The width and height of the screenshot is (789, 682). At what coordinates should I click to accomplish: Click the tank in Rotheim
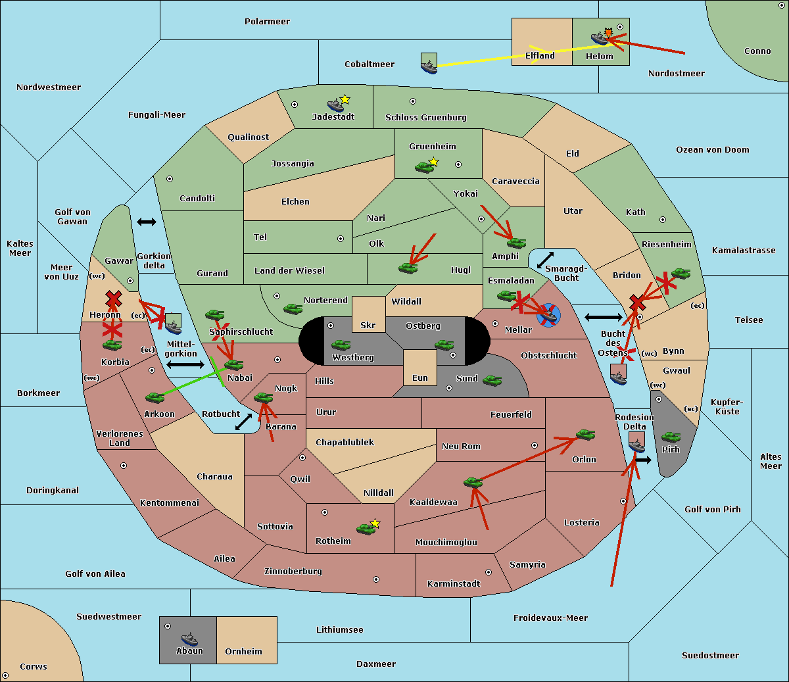coord(366,529)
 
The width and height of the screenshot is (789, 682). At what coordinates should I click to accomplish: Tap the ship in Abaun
coord(190,639)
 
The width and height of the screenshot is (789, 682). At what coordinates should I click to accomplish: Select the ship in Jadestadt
coord(335,105)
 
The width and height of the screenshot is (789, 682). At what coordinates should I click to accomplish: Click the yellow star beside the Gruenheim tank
coord(433,162)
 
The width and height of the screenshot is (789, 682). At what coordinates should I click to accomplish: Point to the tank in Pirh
coord(671,437)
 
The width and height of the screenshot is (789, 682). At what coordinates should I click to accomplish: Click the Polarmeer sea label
coord(267,22)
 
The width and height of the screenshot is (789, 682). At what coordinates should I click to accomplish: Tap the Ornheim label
coord(243,651)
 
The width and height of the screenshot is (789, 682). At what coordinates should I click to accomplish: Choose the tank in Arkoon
coord(155,397)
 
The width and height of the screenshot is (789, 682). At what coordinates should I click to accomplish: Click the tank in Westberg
coord(341,345)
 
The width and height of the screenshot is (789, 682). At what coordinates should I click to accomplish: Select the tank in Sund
coord(492,380)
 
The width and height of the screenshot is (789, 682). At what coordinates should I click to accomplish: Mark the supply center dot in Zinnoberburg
coord(376,579)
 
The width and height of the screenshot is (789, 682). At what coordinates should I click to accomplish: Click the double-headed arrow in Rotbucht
coord(243,422)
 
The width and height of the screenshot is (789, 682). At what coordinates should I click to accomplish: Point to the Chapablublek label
coord(345,442)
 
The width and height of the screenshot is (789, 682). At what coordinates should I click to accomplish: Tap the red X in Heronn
coord(113,299)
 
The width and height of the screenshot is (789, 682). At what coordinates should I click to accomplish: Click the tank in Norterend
coord(293,308)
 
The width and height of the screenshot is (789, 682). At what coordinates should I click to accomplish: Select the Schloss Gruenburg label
coord(426,117)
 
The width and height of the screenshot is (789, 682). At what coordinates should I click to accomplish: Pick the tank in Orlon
coord(586,435)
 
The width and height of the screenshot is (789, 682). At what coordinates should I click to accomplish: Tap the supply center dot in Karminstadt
coord(489,572)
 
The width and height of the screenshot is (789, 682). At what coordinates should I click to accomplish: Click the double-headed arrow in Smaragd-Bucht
coord(545,260)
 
